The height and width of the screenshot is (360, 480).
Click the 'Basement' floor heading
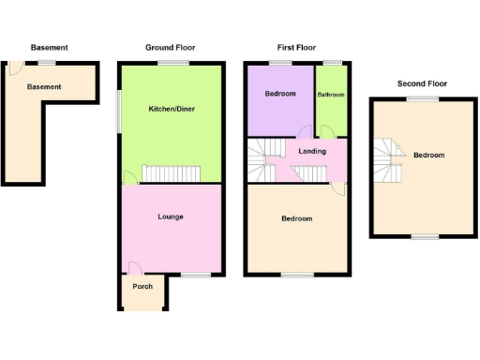[49, 47]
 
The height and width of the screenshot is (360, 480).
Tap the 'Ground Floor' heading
[170, 47]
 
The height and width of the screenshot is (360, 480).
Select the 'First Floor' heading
[295, 47]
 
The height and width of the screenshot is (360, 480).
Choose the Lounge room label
[171, 217]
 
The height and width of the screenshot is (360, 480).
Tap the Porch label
[142, 287]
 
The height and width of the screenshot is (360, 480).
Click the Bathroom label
[330, 95]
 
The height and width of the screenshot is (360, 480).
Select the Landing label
[312, 151]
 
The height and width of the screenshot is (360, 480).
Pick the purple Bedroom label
[279, 94]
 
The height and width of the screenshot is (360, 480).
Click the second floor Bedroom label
[429, 155]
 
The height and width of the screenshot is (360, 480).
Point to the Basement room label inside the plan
[44, 86]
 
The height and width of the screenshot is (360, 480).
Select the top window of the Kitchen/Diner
[170, 63]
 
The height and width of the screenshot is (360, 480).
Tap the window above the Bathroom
[331, 63]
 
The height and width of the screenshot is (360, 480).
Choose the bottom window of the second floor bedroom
[425, 236]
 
